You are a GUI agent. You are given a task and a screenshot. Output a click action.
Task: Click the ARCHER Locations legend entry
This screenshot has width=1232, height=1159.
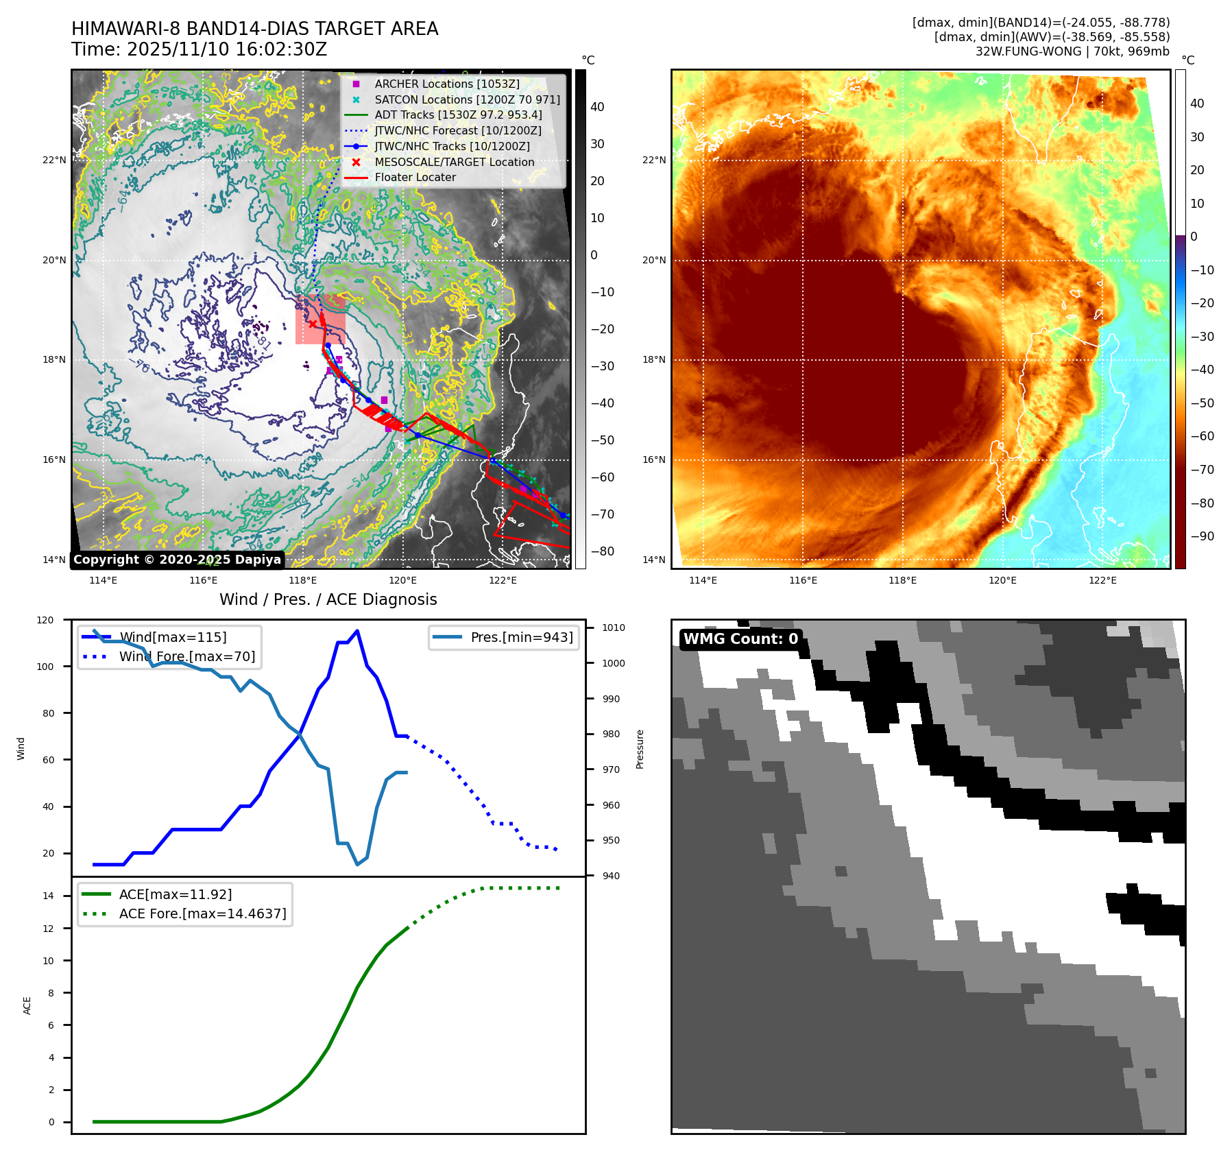(x=446, y=84)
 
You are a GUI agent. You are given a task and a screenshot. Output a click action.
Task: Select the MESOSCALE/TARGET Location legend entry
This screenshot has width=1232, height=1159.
(x=454, y=162)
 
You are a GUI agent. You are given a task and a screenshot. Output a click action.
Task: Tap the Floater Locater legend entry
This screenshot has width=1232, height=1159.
(x=415, y=177)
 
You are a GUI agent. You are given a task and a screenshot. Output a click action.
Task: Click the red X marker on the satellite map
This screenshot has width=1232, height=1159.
(x=313, y=324)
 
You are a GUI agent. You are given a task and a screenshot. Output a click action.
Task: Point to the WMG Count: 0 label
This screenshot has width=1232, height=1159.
(x=740, y=638)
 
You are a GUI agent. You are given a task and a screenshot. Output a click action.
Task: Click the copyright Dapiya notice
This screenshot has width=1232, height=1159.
(x=177, y=560)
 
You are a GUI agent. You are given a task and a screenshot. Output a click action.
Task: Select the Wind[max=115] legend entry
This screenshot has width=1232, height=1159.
(x=173, y=637)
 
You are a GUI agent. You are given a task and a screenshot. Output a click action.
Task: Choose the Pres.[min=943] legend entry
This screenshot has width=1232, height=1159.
(x=521, y=637)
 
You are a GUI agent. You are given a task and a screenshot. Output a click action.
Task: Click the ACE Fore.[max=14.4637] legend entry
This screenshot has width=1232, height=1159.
(x=202, y=913)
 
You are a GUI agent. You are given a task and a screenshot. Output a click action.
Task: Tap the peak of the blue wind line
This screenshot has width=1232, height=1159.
(x=357, y=631)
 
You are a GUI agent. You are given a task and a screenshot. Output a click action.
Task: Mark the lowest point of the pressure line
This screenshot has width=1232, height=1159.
(x=357, y=864)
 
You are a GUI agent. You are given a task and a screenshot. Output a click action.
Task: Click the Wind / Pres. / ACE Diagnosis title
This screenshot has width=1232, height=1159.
(x=328, y=599)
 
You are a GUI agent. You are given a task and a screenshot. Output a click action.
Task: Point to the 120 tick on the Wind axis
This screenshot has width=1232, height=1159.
(x=45, y=620)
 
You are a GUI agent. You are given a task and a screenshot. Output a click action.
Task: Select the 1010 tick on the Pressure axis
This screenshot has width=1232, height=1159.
(x=613, y=628)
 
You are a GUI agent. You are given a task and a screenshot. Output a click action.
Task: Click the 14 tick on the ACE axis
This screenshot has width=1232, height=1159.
(x=48, y=896)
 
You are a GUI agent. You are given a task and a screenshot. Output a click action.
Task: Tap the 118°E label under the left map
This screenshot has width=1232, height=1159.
(x=302, y=580)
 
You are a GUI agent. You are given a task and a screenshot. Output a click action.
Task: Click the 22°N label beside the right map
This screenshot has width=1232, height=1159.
(x=653, y=160)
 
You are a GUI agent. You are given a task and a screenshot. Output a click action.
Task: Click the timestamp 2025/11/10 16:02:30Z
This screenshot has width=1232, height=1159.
(x=227, y=49)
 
